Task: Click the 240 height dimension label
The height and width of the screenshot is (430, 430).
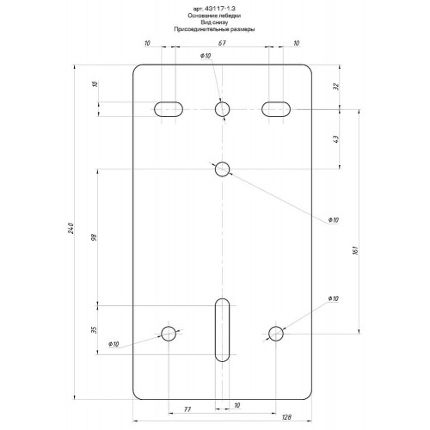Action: pos(71,228)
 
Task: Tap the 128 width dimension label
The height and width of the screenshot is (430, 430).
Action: pos(286,417)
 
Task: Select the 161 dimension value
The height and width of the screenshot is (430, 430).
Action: pos(355,250)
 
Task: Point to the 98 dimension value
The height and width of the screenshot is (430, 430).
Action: pos(95,237)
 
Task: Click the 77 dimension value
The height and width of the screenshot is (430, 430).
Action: pos(187,409)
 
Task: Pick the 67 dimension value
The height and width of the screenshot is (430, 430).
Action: pos(222,43)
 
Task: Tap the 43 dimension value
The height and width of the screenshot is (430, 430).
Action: pos(336,139)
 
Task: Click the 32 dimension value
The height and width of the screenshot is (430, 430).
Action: pos(336,86)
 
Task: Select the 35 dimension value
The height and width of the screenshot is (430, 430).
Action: pos(94,329)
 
